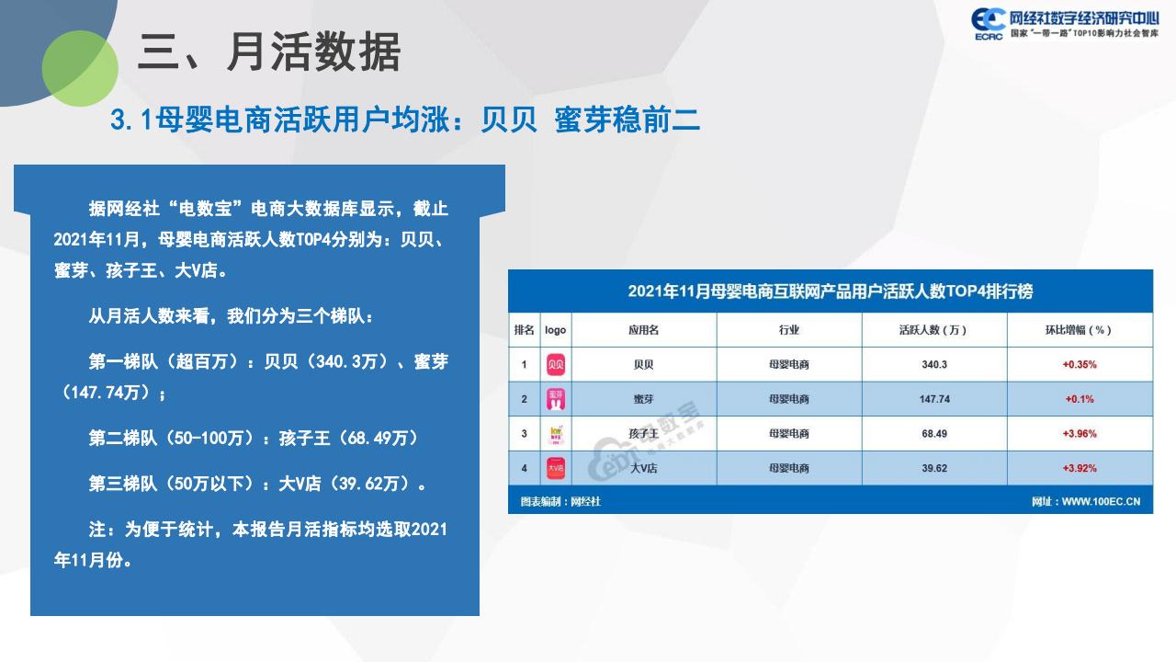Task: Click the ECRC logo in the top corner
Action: pos(988,24)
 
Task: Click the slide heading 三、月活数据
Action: pos(269,51)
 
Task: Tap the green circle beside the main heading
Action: pos(80,68)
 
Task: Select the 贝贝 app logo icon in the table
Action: pos(556,364)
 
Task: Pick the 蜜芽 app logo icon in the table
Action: pos(556,399)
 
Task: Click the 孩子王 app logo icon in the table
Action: pos(556,434)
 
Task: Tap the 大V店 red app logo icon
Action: pos(556,468)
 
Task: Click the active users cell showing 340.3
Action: pos(934,364)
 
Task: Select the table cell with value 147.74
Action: pos(934,399)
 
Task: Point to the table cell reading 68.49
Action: pos(934,433)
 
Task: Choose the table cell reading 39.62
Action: pos(934,468)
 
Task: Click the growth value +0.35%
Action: pos(1080,365)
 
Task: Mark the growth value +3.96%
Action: pos(1080,434)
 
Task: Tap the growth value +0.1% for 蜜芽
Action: pos(1080,399)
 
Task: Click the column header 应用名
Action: pos(644,330)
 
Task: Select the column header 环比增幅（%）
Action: pos(1079,330)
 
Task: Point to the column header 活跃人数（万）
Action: pos(933,330)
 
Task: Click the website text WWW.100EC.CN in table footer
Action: pos(1101,502)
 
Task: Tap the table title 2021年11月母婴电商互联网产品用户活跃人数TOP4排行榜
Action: pos(830,291)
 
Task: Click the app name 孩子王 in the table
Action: pos(644,434)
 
